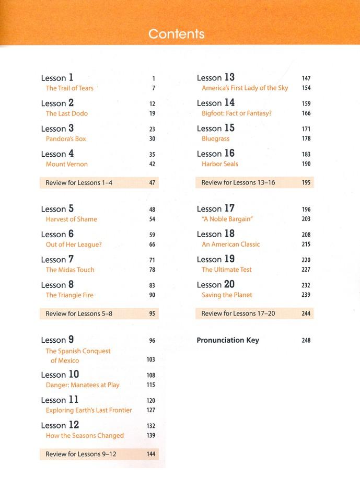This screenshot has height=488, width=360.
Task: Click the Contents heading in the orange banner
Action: click(x=176, y=34)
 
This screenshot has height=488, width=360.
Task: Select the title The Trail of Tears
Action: click(x=69, y=88)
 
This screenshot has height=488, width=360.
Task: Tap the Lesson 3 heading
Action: click(x=57, y=129)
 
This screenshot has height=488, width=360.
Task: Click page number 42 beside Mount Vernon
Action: click(x=152, y=164)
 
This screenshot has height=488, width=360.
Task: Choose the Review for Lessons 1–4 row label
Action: click(x=79, y=183)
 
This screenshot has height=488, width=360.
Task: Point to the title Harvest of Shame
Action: click(x=72, y=219)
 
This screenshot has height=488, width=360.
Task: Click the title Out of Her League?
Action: click(x=74, y=245)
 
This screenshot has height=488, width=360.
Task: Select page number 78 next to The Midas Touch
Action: click(x=152, y=270)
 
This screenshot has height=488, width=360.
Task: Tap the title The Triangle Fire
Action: click(x=69, y=295)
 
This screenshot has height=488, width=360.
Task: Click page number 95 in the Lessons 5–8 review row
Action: click(x=152, y=314)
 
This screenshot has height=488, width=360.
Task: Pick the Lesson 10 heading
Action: click(x=60, y=375)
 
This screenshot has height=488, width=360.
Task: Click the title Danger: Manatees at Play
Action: click(x=83, y=385)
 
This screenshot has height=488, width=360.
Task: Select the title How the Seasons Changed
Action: click(x=85, y=436)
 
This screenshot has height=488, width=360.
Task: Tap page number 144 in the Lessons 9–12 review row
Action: click(x=151, y=455)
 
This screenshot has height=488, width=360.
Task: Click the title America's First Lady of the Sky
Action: click(x=245, y=88)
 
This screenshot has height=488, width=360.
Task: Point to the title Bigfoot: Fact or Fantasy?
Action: click(x=237, y=113)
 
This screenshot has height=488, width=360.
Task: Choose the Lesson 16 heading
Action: click(x=216, y=154)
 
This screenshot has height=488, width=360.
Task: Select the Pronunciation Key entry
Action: click(x=228, y=340)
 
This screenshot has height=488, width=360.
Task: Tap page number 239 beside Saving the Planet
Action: click(x=306, y=295)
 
